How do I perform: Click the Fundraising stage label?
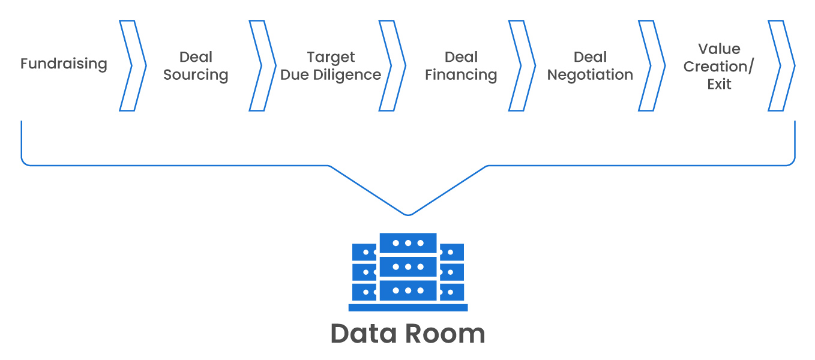coord(64,64)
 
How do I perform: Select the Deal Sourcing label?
coord(196,66)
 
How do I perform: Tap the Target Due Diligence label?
coord(331,66)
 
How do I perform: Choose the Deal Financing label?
coord(461,66)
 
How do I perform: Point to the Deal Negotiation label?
coord(590,66)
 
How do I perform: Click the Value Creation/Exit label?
coord(719,66)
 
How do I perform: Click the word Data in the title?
coord(362,334)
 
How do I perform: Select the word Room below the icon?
coord(445,334)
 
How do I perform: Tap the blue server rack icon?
coord(408,268)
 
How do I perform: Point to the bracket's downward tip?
coord(408,214)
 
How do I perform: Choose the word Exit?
coord(719,84)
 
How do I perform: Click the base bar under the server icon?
coord(408,308)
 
